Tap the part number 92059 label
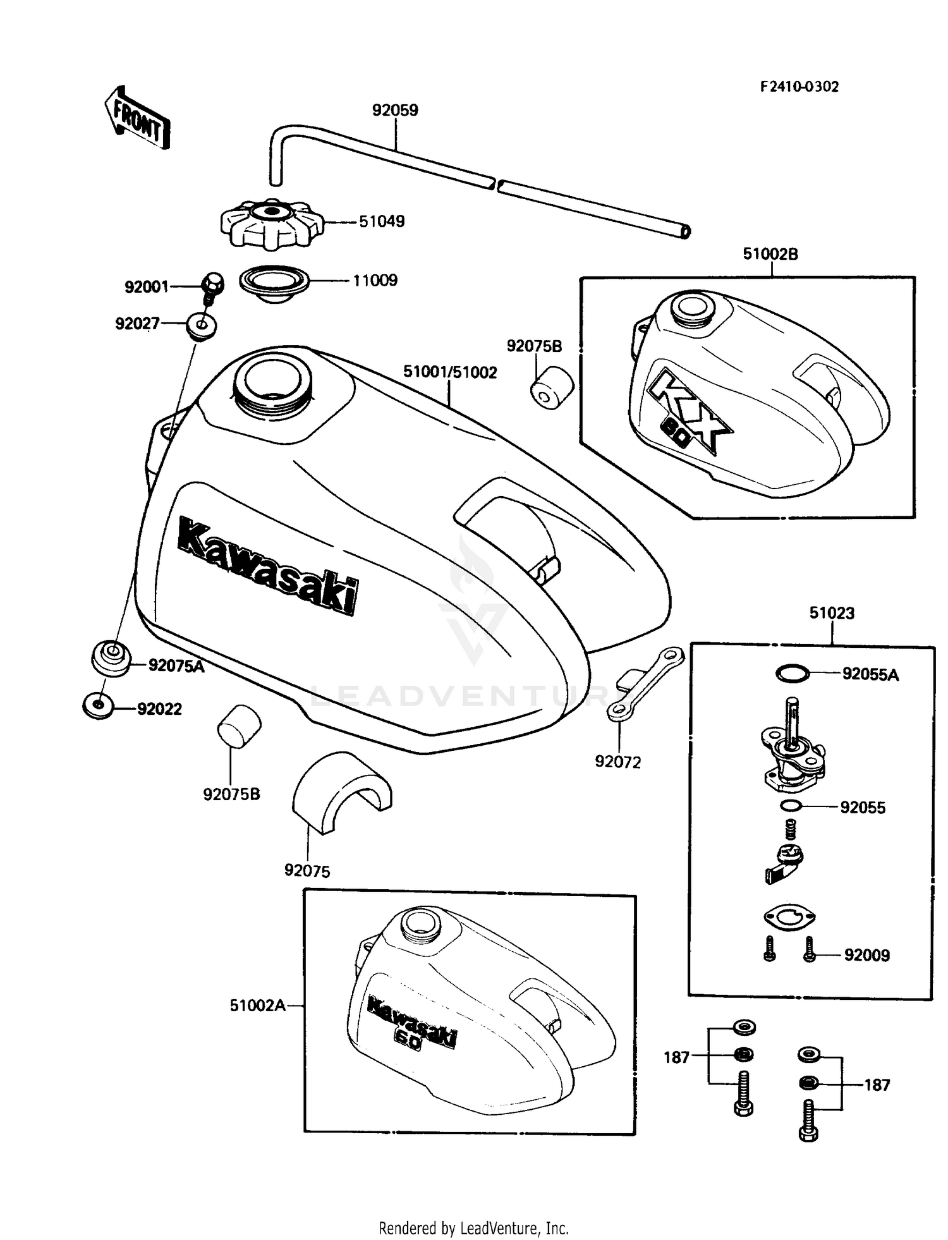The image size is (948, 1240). click(x=395, y=111)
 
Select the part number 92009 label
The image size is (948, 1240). click(x=866, y=955)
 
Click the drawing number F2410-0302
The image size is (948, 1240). click(x=799, y=87)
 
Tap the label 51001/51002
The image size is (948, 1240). click(x=450, y=372)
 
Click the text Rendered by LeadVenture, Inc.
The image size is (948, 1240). click(x=473, y=1228)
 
